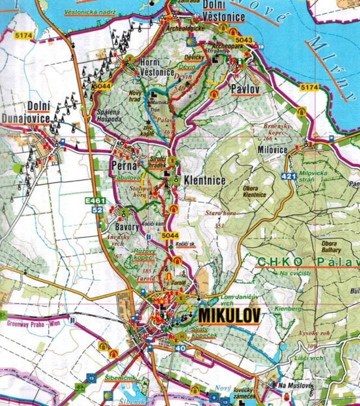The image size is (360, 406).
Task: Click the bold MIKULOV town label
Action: (x=229, y=315)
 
